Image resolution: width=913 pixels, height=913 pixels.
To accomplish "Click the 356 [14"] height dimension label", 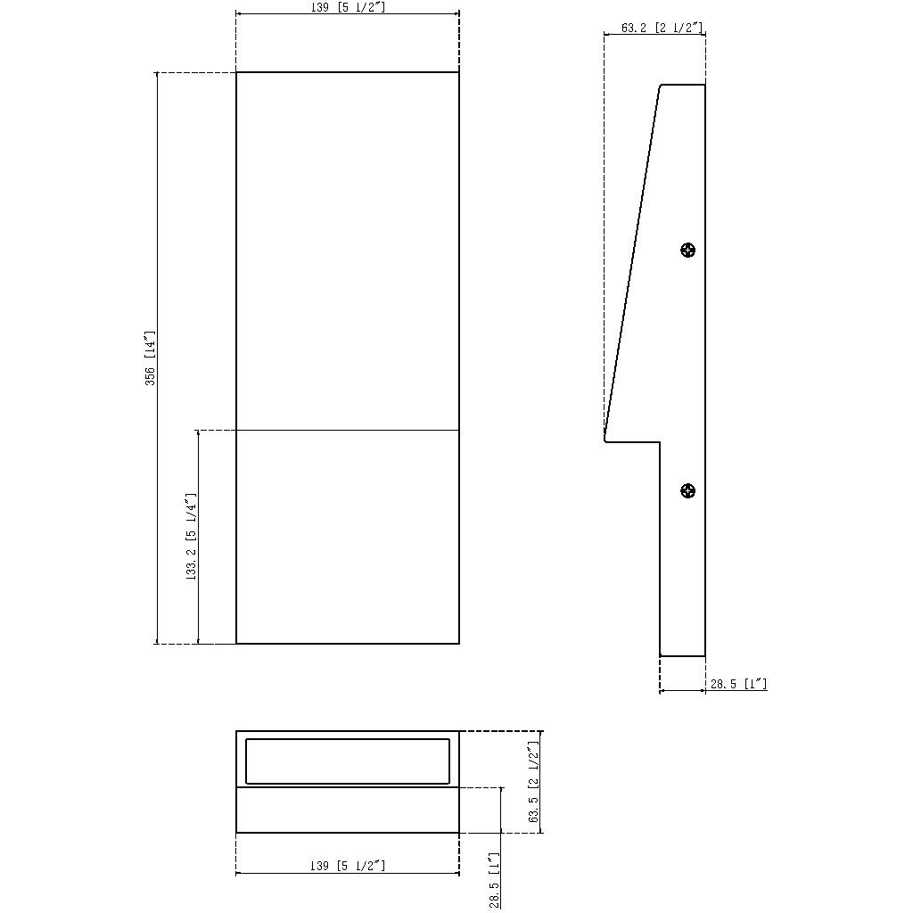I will [151, 358].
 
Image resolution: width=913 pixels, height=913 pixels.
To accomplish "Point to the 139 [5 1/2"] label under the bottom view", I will [348, 866].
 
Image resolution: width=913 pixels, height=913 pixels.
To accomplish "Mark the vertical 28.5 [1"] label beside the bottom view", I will [495, 880].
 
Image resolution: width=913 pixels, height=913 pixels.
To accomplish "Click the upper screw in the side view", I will [687, 251].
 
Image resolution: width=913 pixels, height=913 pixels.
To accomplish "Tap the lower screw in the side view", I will [687, 490].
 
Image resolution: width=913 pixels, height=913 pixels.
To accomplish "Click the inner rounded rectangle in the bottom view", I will [348, 761].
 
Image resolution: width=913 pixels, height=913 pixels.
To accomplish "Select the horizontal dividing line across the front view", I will [348, 431].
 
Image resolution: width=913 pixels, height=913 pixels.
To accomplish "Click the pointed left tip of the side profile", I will [605, 440].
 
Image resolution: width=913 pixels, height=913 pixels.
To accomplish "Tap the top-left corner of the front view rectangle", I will [236, 72].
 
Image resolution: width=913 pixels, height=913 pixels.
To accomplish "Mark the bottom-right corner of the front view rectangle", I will [459, 643].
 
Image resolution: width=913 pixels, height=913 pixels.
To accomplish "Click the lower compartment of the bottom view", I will [348, 810].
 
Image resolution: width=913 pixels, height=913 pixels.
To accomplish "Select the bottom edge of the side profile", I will [682, 656].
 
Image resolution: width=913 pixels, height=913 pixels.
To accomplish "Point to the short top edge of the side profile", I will [683, 85].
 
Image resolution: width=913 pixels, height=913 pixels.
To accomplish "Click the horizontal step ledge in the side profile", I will [634, 441].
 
